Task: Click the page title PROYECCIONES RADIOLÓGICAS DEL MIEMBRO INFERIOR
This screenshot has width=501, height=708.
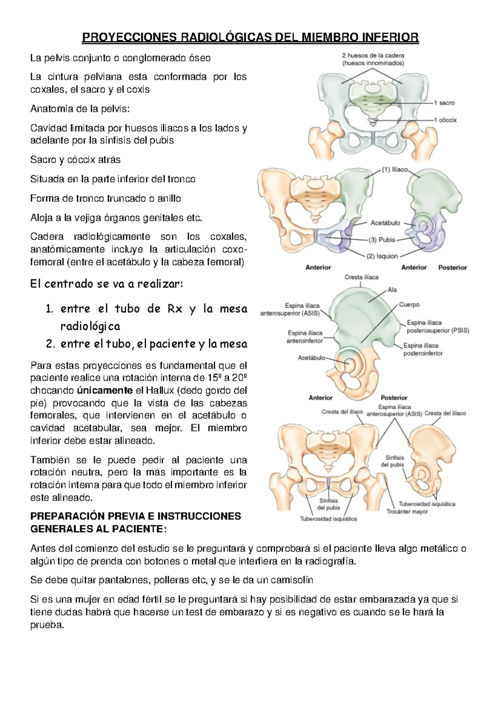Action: click(x=250, y=38)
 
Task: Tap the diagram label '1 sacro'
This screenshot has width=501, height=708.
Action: click(x=444, y=103)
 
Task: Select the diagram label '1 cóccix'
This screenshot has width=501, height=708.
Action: click(x=445, y=120)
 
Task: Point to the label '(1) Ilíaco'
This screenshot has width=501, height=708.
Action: click(x=395, y=169)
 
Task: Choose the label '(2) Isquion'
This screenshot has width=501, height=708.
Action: click(x=382, y=256)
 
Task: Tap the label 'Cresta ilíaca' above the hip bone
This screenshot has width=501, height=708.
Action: click(x=361, y=277)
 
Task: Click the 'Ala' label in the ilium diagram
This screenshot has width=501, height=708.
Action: click(x=392, y=290)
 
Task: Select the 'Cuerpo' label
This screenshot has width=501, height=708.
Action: click(x=409, y=305)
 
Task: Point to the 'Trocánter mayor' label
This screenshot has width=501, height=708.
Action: click(x=407, y=511)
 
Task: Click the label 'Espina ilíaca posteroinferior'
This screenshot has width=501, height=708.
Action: click(x=423, y=349)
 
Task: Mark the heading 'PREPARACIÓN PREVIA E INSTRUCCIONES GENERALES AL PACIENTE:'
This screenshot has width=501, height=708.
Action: click(x=136, y=523)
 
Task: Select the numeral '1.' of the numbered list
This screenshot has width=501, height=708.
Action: click(x=50, y=309)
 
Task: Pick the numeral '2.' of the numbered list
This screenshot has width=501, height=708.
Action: click(x=50, y=344)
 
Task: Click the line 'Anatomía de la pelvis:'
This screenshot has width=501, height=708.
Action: click(x=80, y=109)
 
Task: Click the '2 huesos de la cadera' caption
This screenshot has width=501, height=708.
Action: click(x=373, y=55)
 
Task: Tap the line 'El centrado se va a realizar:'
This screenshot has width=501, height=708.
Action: click(x=106, y=284)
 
